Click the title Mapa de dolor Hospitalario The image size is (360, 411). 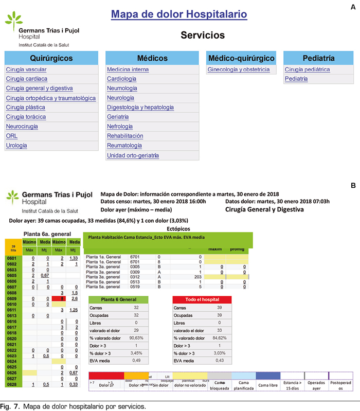pyautogui.click(x=179, y=14)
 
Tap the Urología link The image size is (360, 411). pyautogui.click(x=16, y=146)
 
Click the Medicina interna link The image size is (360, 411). pyautogui.click(x=128, y=70)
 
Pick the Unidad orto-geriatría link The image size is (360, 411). pyautogui.click(x=133, y=155)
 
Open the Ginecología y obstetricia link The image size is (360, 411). pyautogui.click(x=238, y=70)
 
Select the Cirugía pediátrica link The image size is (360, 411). pyautogui.click(x=307, y=70)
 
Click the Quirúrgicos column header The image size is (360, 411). pyautogui.click(x=51, y=58)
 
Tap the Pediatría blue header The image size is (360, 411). pyautogui.click(x=319, y=58)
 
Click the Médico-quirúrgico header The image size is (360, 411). pyautogui.click(x=241, y=58)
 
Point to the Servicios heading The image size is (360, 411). pyautogui.click(x=203, y=35)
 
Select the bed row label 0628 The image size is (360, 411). pyautogui.click(x=12, y=384)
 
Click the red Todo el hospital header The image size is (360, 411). pyautogui.click(x=202, y=299)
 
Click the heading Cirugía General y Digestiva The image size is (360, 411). pyautogui.click(x=264, y=209)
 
